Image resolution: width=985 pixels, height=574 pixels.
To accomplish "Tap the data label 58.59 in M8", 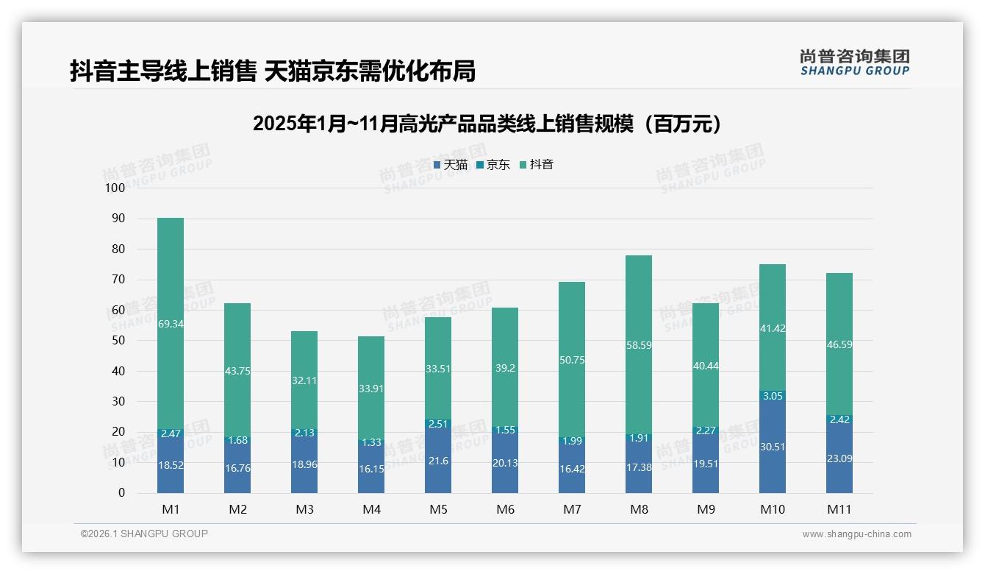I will pos(639,344).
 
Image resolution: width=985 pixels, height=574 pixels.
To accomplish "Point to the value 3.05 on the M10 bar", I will pos(773,396).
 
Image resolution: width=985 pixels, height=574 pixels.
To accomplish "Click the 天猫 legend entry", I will pos(451,165).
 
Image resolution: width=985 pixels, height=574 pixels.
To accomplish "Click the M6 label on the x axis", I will pos(505,509).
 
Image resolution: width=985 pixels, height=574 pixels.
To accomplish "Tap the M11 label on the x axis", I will pos(839,509).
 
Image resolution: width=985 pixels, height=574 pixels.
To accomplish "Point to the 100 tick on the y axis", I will pos(116,188).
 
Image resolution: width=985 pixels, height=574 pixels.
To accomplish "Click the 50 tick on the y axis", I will pos(118,341).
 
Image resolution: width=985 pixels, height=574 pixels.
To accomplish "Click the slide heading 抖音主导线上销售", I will pos(273,71).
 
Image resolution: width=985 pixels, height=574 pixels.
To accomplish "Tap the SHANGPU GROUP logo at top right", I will pos(854,63).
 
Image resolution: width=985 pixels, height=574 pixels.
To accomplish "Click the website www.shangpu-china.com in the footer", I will pos(856,534).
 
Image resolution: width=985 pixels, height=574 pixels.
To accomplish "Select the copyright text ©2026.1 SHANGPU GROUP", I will pos(144,534).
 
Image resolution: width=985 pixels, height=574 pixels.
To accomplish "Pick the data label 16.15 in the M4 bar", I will pos(371,468).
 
